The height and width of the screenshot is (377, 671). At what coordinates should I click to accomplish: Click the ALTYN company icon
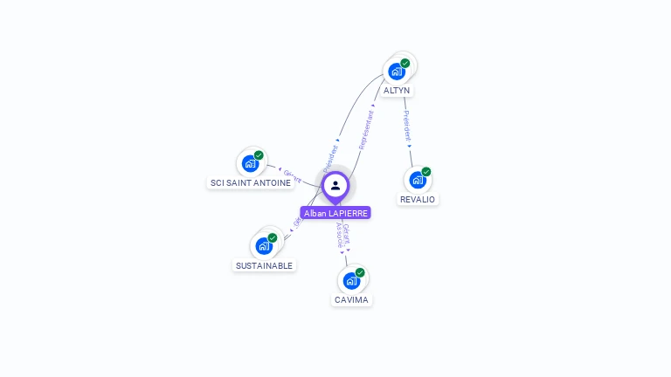pyautogui.click(x=397, y=71)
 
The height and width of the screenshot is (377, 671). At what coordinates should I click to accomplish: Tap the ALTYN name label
pyautogui.click(x=397, y=91)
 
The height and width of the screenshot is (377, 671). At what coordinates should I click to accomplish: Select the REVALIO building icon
pyautogui.click(x=418, y=180)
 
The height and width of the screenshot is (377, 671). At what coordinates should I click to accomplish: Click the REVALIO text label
pyautogui.click(x=418, y=200)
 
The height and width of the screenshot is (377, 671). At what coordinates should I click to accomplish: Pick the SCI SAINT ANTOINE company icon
pyautogui.click(x=251, y=163)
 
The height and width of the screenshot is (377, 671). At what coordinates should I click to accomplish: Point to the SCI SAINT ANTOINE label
pyautogui.click(x=251, y=183)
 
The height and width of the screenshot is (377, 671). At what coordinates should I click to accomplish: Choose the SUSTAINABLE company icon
pyautogui.click(x=264, y=246)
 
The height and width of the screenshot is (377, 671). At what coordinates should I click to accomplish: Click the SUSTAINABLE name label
pyautogui.click(x=265, y=265)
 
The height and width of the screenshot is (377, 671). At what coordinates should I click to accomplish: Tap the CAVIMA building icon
pyautogui.click(x=351, y=280)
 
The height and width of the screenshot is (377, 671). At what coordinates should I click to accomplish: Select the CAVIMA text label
pyautogui.click(x=352, y=300)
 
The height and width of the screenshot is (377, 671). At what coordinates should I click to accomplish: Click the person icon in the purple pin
pyautogui.click(x=335, y=185)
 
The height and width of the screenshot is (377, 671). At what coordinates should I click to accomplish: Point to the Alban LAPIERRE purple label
pyautogui.click(x=335, y=213)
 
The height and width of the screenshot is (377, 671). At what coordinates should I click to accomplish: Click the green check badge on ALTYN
pyautogui.click(x=405, y=63)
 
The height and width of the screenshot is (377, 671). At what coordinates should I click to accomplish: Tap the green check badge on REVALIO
pyautogui.click(x=426, y=172)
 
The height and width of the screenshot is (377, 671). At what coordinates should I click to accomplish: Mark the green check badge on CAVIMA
pyautogui.click(x=360, y=272)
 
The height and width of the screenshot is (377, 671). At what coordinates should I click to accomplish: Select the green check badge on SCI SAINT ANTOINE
pyautogui.click(x=259, y=155)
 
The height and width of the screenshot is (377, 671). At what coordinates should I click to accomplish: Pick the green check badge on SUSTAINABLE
pyautogui.click(x=273, y=238)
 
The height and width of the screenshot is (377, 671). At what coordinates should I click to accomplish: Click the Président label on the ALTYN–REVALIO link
pyautogui.click(x=407, y=126)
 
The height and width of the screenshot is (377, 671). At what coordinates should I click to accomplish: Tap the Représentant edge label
pyautogui.click(x=366, y=130)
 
